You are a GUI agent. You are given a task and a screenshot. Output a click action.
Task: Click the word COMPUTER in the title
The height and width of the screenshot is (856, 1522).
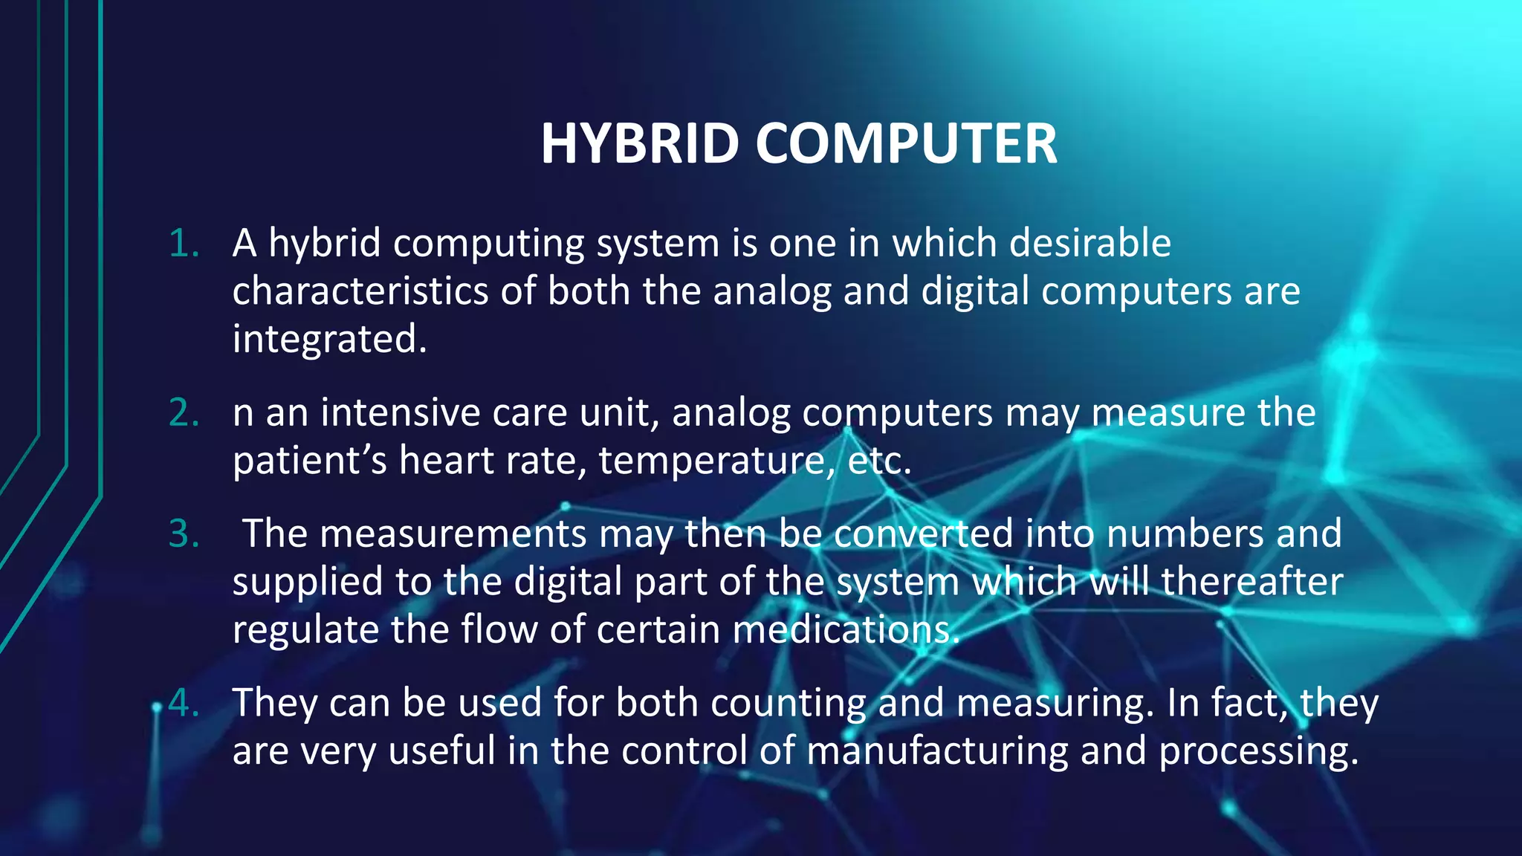[906, 143]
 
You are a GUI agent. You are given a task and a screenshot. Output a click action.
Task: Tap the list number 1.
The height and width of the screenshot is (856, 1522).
[184, 244]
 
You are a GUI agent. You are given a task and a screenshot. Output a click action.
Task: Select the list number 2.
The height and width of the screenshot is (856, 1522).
[184, 413]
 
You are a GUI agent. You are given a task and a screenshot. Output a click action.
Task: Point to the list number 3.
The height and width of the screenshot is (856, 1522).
[184, 534]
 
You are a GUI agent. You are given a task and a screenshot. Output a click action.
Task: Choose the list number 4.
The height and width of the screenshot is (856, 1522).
[184, 703]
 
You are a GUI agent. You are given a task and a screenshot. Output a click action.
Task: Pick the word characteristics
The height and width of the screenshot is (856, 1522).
[360, 291]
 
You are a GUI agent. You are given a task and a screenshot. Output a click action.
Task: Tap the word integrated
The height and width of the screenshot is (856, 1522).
[329, 340]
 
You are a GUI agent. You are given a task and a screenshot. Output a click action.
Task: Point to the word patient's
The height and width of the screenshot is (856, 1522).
[310, 461]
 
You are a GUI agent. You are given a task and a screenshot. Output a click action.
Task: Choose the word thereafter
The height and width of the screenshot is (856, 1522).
[1251, 582]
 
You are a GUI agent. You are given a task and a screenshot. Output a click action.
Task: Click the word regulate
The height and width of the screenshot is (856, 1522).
[305, 630]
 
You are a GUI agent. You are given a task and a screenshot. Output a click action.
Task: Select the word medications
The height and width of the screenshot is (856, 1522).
[845, 630]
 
